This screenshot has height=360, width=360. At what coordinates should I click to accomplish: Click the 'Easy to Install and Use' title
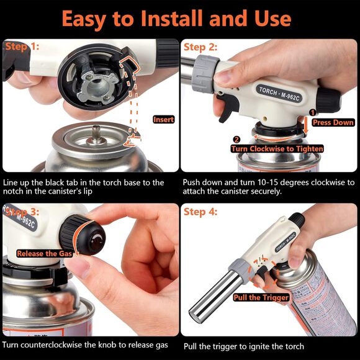(179, 19)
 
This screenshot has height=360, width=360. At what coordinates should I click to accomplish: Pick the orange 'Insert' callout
(163, 119)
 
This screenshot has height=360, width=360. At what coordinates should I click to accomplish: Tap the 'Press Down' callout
(333, 122)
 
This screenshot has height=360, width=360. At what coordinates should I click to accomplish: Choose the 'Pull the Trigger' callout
(261, 297)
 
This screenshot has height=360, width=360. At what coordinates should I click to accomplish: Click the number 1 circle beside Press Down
(313, 112)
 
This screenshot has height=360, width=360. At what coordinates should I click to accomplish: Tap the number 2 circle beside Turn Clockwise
(236, 139)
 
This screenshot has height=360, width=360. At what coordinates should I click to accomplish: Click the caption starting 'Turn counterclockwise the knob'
(84, 344)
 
